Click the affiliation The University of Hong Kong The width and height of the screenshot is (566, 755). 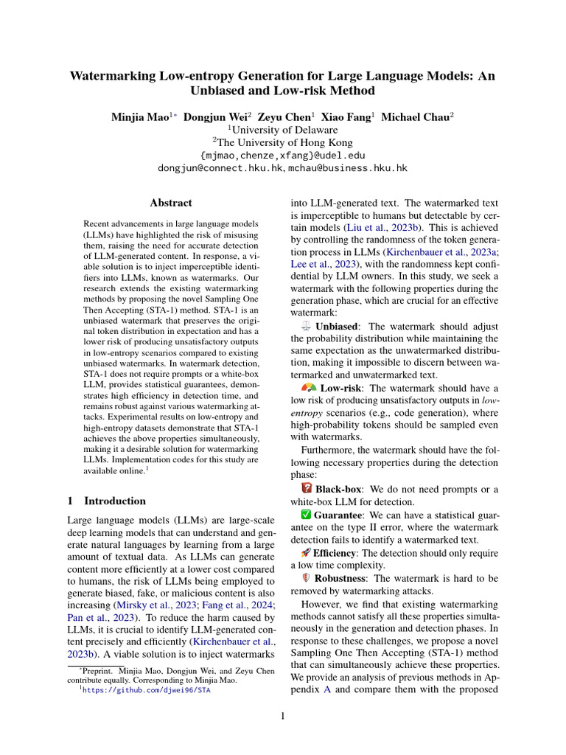285,142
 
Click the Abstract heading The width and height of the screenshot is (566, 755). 171,203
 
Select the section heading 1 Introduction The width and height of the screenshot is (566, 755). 106,501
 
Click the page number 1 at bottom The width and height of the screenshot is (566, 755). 283,716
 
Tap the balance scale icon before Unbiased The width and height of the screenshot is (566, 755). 307,326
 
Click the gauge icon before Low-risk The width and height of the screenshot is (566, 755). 309,388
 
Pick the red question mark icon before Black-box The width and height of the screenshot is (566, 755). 307,489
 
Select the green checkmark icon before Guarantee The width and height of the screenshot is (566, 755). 306,514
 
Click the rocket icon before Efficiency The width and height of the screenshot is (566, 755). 306,552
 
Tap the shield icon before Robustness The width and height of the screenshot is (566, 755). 307,578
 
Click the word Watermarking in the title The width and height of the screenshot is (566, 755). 114,75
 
